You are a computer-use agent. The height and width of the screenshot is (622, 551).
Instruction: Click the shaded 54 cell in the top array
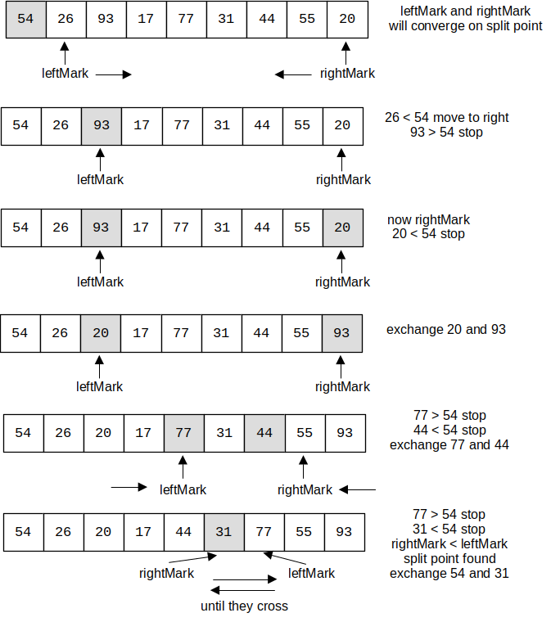pos(25,19)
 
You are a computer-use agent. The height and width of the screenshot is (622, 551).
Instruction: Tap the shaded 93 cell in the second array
pos(102,126)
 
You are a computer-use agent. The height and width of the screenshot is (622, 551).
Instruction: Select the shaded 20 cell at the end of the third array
pos(342,228)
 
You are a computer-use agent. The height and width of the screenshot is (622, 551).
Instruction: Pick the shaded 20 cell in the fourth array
pos(101,333)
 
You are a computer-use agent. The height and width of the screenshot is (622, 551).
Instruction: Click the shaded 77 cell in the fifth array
pos(183,433)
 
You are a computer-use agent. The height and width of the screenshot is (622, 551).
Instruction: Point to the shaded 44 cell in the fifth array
pos(264,433)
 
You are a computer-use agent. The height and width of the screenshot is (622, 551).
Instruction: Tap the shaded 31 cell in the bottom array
pos(224,532)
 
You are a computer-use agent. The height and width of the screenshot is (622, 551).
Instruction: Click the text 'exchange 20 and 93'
pos(446,330)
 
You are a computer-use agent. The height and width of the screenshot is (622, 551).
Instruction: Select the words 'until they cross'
pos(244,606)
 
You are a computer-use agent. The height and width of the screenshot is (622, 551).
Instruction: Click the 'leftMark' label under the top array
pos(65,73)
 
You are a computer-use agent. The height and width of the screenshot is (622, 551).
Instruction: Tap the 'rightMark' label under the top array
pos(347,73)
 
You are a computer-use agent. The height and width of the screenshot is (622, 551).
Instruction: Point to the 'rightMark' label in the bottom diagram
pos(166,573)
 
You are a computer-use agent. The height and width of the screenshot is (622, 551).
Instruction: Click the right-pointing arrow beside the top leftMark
pos(114,74)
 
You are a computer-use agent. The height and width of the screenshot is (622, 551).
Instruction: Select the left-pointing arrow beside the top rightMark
pos(292,74)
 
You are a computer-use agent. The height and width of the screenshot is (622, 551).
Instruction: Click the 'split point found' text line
pos(449,558)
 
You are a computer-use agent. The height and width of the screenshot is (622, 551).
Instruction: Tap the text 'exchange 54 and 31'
pos(449,573)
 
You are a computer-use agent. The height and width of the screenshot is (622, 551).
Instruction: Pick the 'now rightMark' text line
pos(429,219)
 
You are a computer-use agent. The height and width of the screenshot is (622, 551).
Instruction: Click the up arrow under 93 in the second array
pos(101,158)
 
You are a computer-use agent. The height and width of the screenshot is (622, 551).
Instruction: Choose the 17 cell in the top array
pos(146,19)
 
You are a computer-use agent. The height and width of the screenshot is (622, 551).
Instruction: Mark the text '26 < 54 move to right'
pos(446,117)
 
